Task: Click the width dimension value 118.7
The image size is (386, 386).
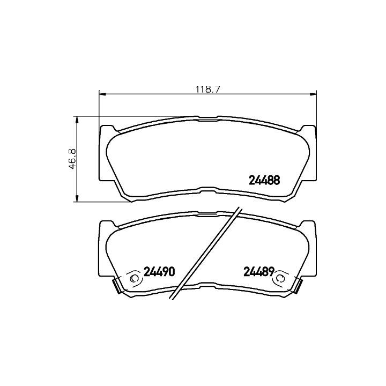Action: (207, 89)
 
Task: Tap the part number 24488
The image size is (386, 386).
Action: (264, 180)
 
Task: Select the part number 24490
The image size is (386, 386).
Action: (159, 271)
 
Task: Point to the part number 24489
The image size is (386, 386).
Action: (259, 272)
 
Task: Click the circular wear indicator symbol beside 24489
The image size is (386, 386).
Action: (280, 278)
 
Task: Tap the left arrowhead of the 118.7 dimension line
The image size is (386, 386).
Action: (102, 94)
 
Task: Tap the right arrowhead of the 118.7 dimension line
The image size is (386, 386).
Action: (313, 94)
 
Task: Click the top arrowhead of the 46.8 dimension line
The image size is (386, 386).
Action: (77, 120)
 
